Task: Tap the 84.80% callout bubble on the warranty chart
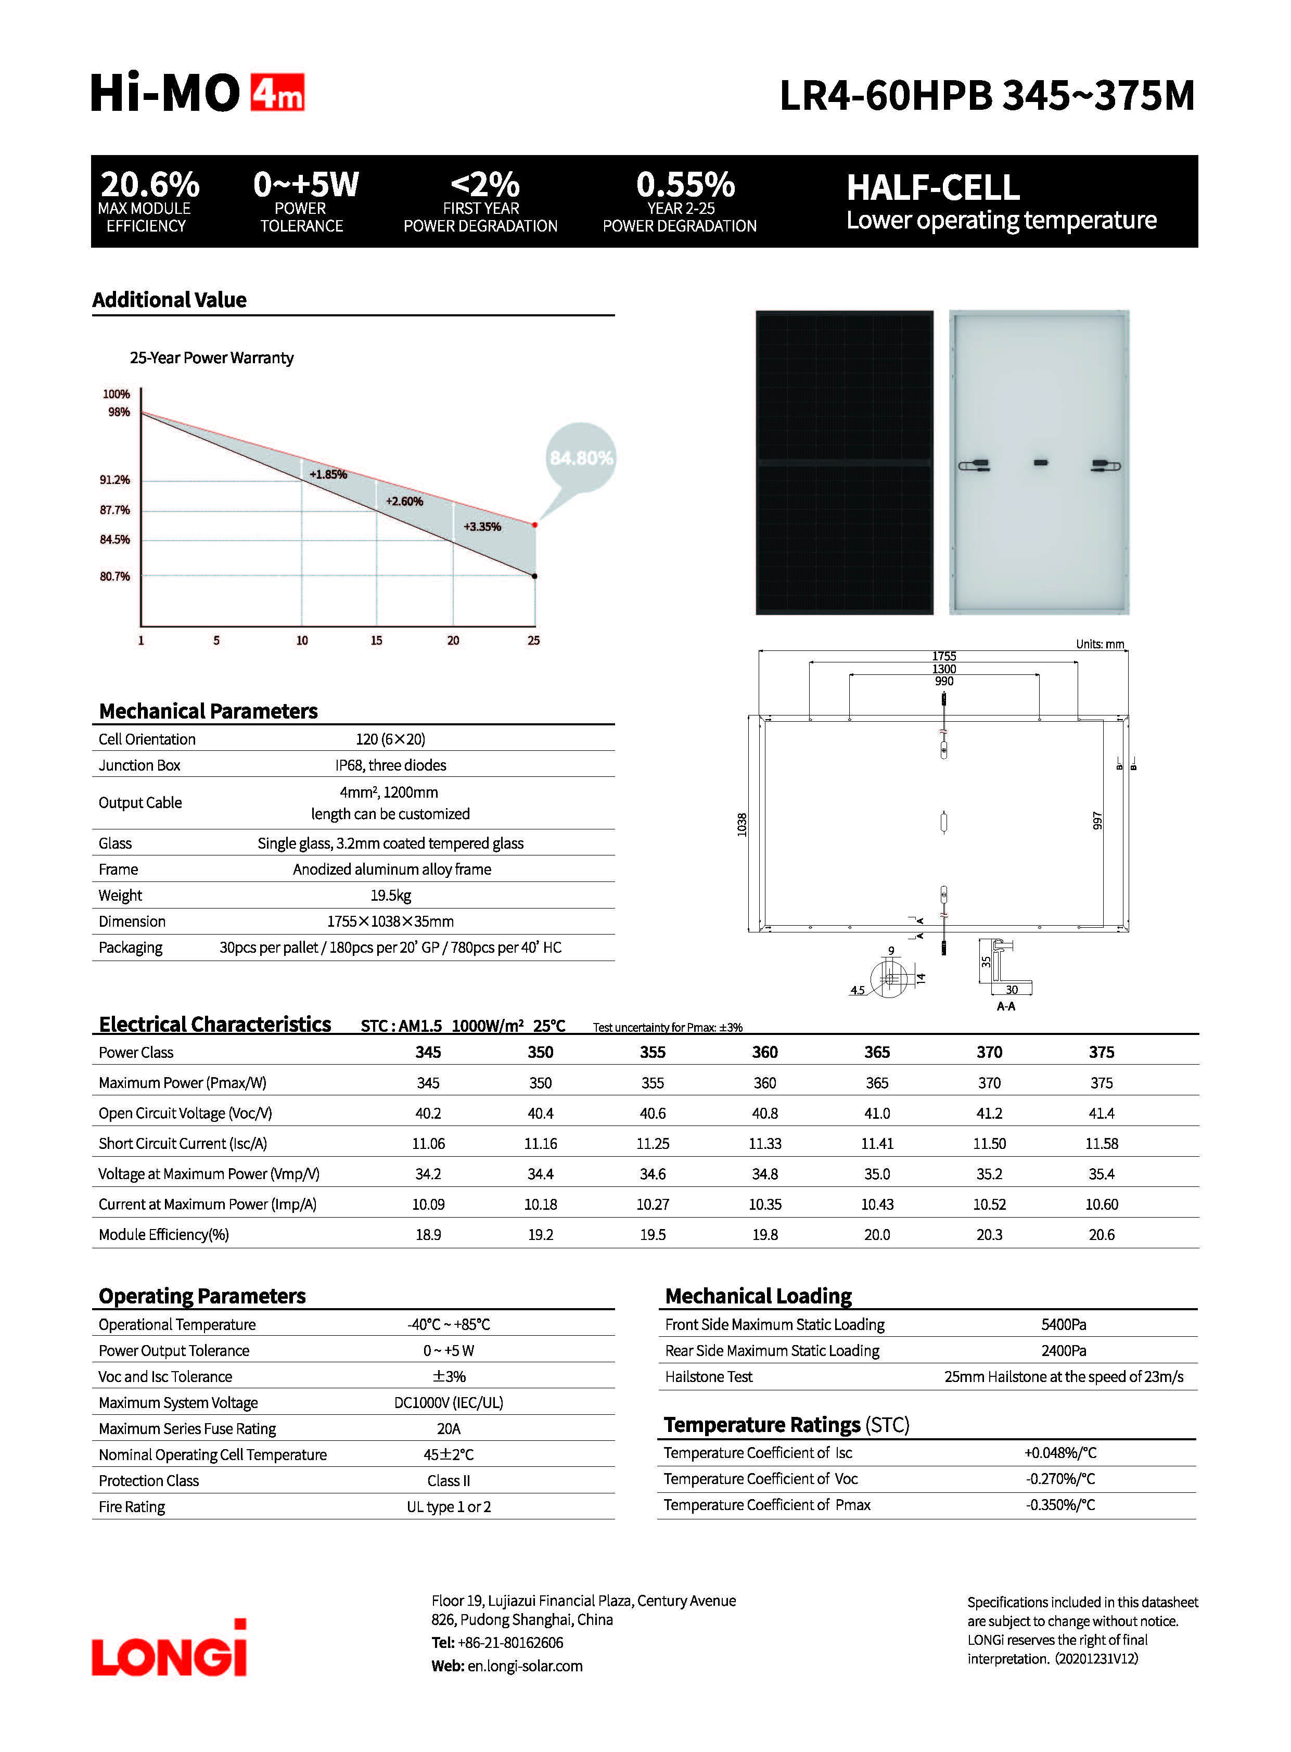tap(581, 458)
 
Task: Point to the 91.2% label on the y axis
tap(115, 480)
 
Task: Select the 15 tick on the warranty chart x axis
tap(377, 641)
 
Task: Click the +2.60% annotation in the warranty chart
tap(404, 502)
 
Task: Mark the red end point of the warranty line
tap(535, 525)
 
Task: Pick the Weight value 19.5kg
tap(391, 896)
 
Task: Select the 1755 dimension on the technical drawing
tap(944, 656)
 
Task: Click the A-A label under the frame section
tap(1006, 1006)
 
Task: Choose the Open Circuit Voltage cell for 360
tap(764, 1114)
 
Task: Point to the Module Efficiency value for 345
tap(428, 1235)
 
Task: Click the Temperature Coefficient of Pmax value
tap(1060, 1505)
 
